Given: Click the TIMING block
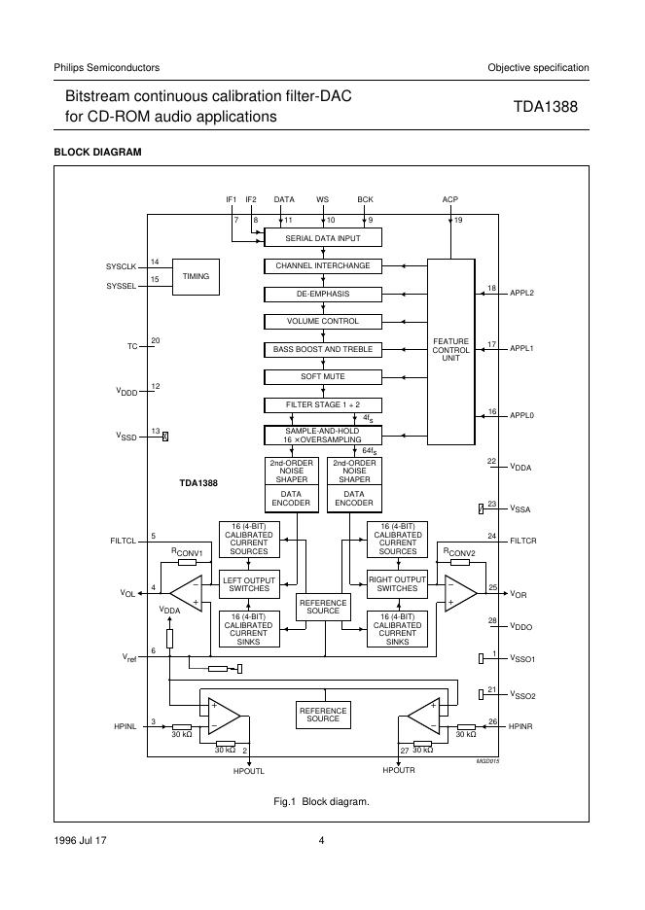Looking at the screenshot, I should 196,276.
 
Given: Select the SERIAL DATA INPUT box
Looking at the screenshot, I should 323,237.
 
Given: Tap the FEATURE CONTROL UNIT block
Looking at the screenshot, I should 450,351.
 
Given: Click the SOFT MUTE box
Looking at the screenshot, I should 323,376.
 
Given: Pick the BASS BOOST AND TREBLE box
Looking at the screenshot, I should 323,349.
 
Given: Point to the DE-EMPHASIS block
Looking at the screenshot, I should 323,294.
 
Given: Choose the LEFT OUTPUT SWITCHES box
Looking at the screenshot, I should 250,584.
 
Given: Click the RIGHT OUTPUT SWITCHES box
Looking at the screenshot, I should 397,584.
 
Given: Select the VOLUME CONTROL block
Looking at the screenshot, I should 323,321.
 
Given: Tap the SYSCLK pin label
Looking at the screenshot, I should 122,266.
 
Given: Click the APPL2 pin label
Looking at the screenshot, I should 522,292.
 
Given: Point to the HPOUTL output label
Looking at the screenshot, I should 249,770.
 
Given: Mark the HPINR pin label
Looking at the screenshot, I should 522,726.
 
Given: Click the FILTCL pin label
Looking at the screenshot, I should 125,539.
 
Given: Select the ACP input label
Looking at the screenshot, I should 450,199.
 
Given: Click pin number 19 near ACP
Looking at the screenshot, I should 458,221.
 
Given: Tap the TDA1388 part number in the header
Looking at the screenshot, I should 545,107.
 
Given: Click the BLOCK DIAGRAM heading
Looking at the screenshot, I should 97,152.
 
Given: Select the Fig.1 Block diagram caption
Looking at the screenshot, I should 322,802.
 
